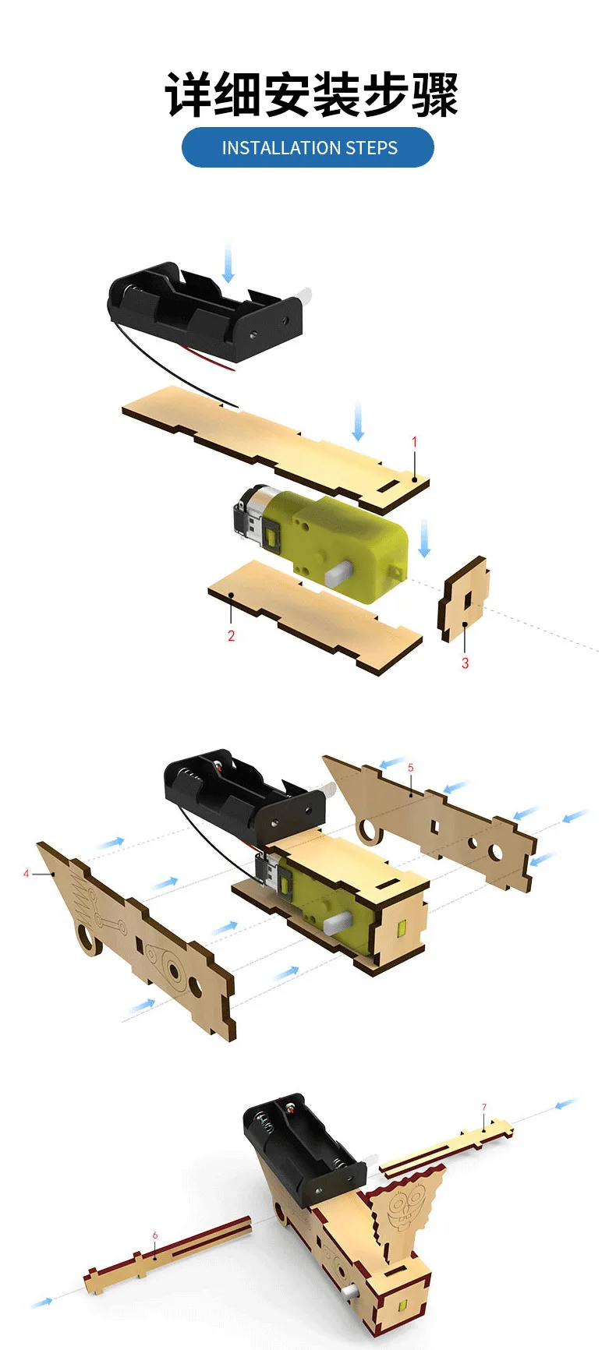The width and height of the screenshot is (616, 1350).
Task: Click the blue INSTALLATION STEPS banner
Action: pyautogui.click(x=307, y=147)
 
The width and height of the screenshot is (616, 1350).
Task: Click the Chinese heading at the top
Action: pyautogui.click(x=310, y=95)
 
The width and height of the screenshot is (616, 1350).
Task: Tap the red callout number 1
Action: pyautogui.click(x=414, y=442)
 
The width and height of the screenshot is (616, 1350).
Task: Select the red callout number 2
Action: pyautogui.click(x=231, y=636)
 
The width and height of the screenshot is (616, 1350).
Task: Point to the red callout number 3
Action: pyautogui.click(x=465, y=663)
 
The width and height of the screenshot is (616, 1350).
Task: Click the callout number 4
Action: pyautogui.click(x=26, y=874)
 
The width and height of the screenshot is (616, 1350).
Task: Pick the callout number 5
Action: pyautogui.click(x=411, y=768)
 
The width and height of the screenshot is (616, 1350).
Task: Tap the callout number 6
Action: pyautogui.click(x=155, y=1235)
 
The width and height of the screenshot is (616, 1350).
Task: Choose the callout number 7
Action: pyautogui.click(x=483, y=1107)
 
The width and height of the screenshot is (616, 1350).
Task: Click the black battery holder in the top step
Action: pyautogui.click(x=205, y=312)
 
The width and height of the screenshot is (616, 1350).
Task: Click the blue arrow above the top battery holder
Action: pyautogui.click(x=228, y=262)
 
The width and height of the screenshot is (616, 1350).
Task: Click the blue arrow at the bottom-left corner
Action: pyautogui.click(x=43, y=1302)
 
